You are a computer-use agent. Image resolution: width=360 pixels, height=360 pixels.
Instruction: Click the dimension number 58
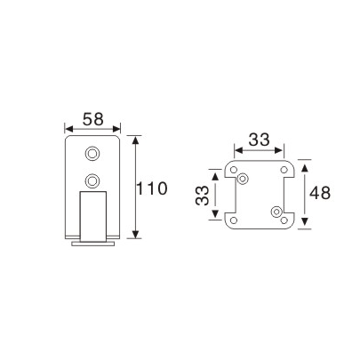tap(92, 118)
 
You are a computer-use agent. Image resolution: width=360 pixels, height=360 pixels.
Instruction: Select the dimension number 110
tap(151, 188)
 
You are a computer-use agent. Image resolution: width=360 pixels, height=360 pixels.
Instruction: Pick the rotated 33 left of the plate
tap(204, 193)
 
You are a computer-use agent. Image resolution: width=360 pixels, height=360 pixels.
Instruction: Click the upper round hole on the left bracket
tap(92, 152)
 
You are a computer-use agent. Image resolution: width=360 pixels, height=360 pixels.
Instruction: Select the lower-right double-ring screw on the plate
tap(276, 211)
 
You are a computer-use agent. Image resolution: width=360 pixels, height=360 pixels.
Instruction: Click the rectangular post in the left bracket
tap(92, 217)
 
